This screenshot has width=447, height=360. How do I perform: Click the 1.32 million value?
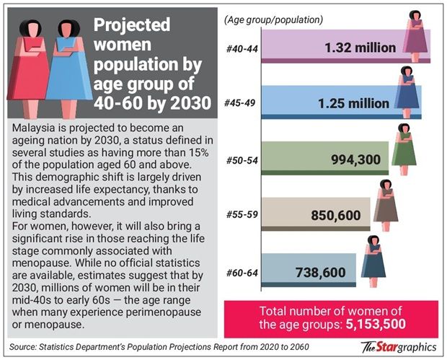(360, 48)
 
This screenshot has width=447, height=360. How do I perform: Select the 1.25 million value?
(353, 103)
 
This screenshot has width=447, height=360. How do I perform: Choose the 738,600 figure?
(322, 271)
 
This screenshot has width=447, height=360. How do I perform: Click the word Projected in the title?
(132, 26)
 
